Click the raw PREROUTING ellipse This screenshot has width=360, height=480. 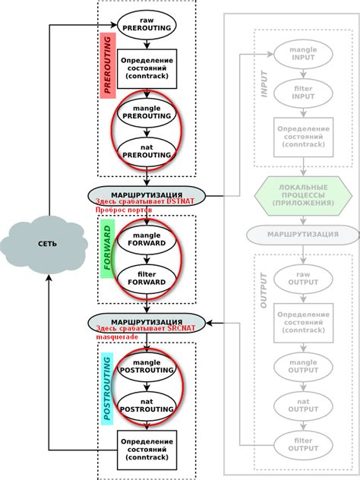tap(147, 23)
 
